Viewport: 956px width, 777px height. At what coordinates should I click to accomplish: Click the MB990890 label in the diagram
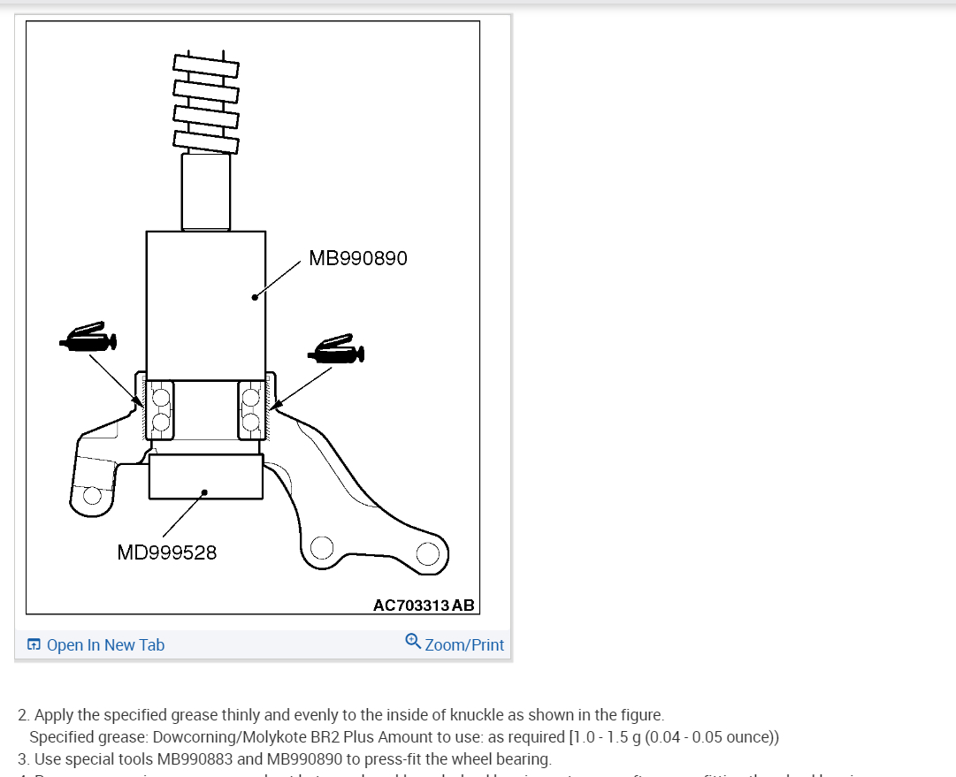pos(358,258)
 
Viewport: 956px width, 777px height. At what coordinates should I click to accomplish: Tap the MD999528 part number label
pos(166,552)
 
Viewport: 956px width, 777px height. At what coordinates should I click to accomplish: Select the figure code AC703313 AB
pos(424,606)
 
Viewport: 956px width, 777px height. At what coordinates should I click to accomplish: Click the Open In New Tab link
pos(105,645)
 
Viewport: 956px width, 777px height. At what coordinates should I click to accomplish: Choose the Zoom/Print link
pos(464,645)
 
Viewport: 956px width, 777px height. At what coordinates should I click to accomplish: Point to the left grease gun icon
pos(88,338)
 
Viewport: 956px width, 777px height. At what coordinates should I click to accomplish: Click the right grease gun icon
pos(335,351)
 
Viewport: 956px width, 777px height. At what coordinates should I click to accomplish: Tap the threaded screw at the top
pos(205,99)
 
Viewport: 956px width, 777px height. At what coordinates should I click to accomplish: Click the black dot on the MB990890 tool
pos(255,297)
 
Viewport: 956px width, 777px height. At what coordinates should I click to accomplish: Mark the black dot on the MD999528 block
pos(204,491)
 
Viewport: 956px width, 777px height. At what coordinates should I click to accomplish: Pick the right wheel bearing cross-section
pos(251,408)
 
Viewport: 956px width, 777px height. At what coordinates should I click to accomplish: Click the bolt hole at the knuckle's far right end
pos(427,553)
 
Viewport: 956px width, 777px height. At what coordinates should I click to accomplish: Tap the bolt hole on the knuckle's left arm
pos(92,496)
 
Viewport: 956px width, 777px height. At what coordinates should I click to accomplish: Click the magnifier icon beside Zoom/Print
pos(413,641)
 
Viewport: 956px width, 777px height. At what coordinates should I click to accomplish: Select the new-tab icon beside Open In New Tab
pos(34,645)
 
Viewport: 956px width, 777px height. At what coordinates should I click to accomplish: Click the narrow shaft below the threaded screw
pos(205,191)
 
